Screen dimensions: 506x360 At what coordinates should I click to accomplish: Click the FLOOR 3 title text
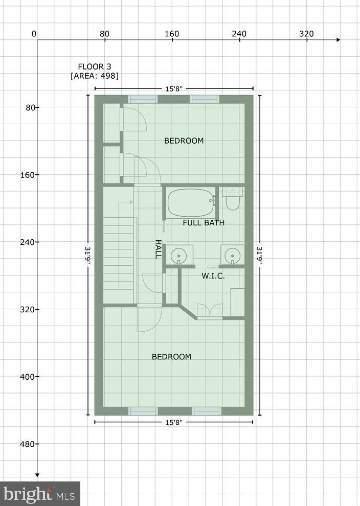[x=94, y=66]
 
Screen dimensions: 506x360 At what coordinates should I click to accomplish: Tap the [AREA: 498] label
[x=95, y=76]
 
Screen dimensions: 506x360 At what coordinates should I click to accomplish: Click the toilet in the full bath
[x=233, y=199]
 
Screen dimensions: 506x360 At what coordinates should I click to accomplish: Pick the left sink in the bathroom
[x=179, y=254]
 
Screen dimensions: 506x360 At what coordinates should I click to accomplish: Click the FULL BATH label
[x=204, y=223]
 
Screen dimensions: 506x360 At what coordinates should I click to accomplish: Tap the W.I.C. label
[x=213, y=275]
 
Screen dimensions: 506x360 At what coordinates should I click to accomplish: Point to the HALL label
[x=159, y=249]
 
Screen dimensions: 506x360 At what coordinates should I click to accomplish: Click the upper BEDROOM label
[x=184, y=141]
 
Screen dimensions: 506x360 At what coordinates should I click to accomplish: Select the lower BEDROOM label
[x=171, y=357]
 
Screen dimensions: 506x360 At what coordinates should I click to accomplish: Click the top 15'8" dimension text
[x=174, y=88]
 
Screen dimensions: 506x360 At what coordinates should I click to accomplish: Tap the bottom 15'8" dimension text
[x=174, y=422]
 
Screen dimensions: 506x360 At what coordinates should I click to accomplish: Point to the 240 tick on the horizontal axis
[x=239, y=34]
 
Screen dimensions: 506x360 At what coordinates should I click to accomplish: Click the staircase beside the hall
[x=120, y=256]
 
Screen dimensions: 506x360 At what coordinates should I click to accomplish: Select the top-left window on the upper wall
[x=143, y=99]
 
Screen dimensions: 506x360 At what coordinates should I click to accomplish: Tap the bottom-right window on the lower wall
[x=207, y=411]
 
